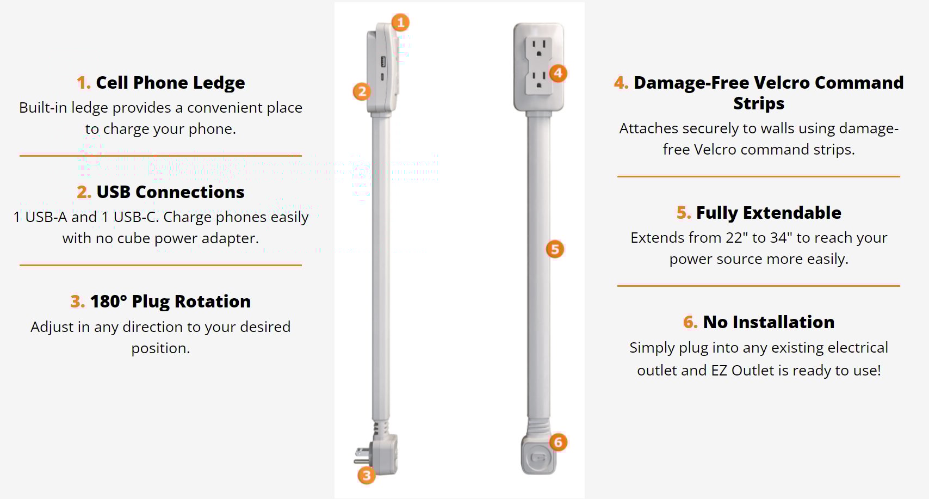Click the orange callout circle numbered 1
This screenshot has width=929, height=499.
coord(400,22)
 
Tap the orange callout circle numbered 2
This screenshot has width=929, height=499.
coord(362,91)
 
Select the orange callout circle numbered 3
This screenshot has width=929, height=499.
coord(367,476)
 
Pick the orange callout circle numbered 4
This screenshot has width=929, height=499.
coord(558,73)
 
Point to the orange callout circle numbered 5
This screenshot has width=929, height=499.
coord(555,249)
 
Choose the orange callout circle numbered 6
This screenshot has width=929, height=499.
coord(558,442)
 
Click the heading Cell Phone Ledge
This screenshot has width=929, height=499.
coord(170,83)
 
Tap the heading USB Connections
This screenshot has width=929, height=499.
coord(170,192)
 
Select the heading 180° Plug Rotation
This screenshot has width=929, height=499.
coord(170,301)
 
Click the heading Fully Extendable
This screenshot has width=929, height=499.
coord(769,213)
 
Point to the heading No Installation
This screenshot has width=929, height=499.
coord(769,322)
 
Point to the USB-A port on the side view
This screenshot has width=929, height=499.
coord(383,62)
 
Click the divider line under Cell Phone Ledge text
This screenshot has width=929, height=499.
coord(160,156)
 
